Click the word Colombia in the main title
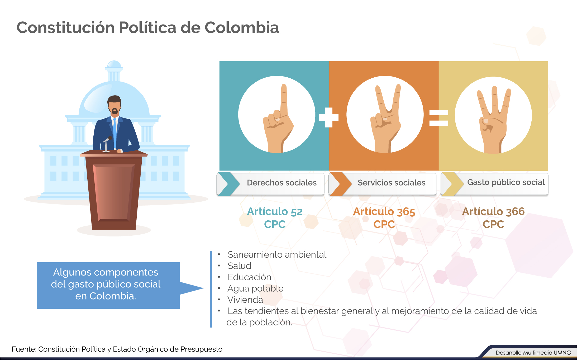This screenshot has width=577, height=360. [242, 27]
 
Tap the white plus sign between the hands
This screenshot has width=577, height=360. [329, 117]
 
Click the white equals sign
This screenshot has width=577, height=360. [439, 118]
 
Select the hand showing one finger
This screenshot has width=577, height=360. [278, 118]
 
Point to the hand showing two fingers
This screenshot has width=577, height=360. [386, 119]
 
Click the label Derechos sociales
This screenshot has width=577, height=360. [282, 183]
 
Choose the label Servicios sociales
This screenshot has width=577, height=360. [392, 183]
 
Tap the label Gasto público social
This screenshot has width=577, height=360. [506, 182]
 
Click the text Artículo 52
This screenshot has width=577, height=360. [275, 211]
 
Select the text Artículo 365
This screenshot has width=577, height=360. [384, 211]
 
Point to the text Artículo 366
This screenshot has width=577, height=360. [493, 211]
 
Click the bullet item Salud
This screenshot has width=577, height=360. [239, 266]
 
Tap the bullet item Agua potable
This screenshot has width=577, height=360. [255, 288]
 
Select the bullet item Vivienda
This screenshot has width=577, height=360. [245, 300]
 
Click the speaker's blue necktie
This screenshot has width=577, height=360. [115, 133]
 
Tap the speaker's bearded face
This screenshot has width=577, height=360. [115, 106]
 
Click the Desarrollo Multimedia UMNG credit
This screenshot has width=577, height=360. [533, 353]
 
